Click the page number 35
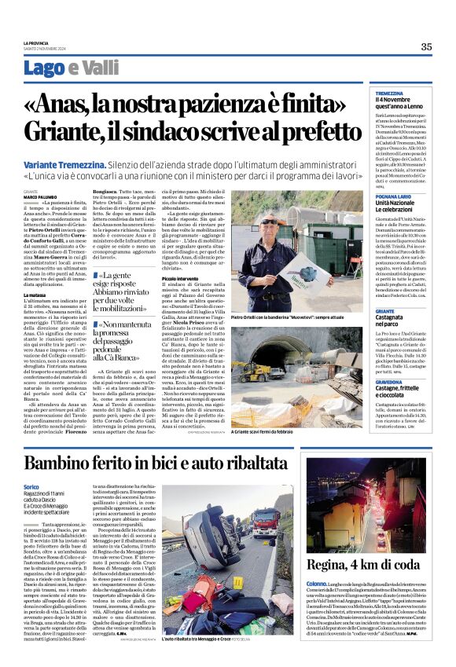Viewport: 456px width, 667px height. click(x=425, y=47)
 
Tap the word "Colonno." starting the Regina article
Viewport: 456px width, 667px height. click(x=317, y=606)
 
